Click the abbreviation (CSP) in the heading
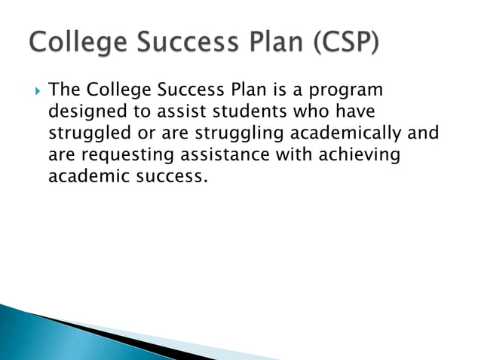(343, 42)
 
